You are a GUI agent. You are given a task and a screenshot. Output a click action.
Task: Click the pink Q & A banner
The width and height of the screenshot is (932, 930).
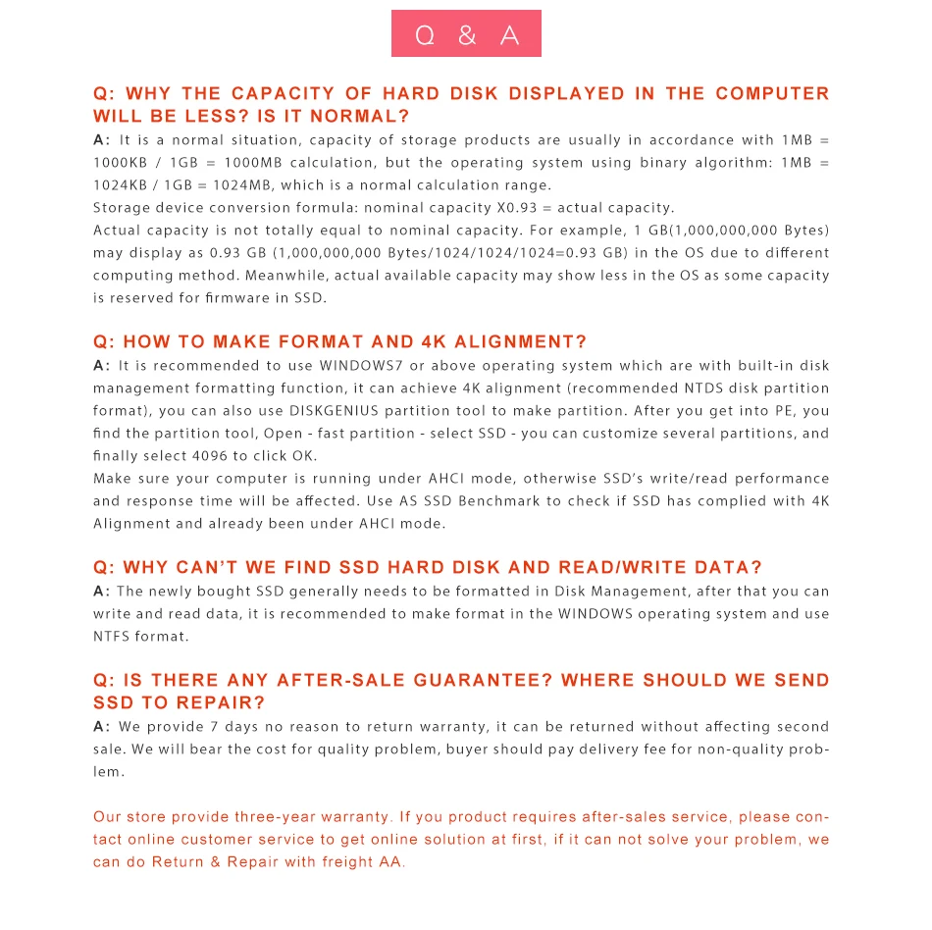click(466, 34)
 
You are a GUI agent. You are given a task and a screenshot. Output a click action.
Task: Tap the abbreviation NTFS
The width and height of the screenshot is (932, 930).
click(112, 637)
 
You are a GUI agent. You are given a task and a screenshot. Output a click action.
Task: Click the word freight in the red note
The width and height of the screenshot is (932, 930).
click(340, 862)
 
